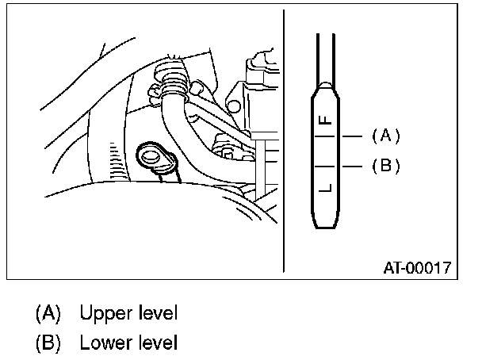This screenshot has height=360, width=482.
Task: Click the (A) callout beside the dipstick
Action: [x=385, y=136]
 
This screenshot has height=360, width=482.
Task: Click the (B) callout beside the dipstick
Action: [x=385, y=167]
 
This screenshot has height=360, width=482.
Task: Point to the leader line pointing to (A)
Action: [x=353, y=136]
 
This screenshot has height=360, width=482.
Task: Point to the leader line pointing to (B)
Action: [x=353, y=167]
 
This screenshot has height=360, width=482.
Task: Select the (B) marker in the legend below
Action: [x=48, y=343]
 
